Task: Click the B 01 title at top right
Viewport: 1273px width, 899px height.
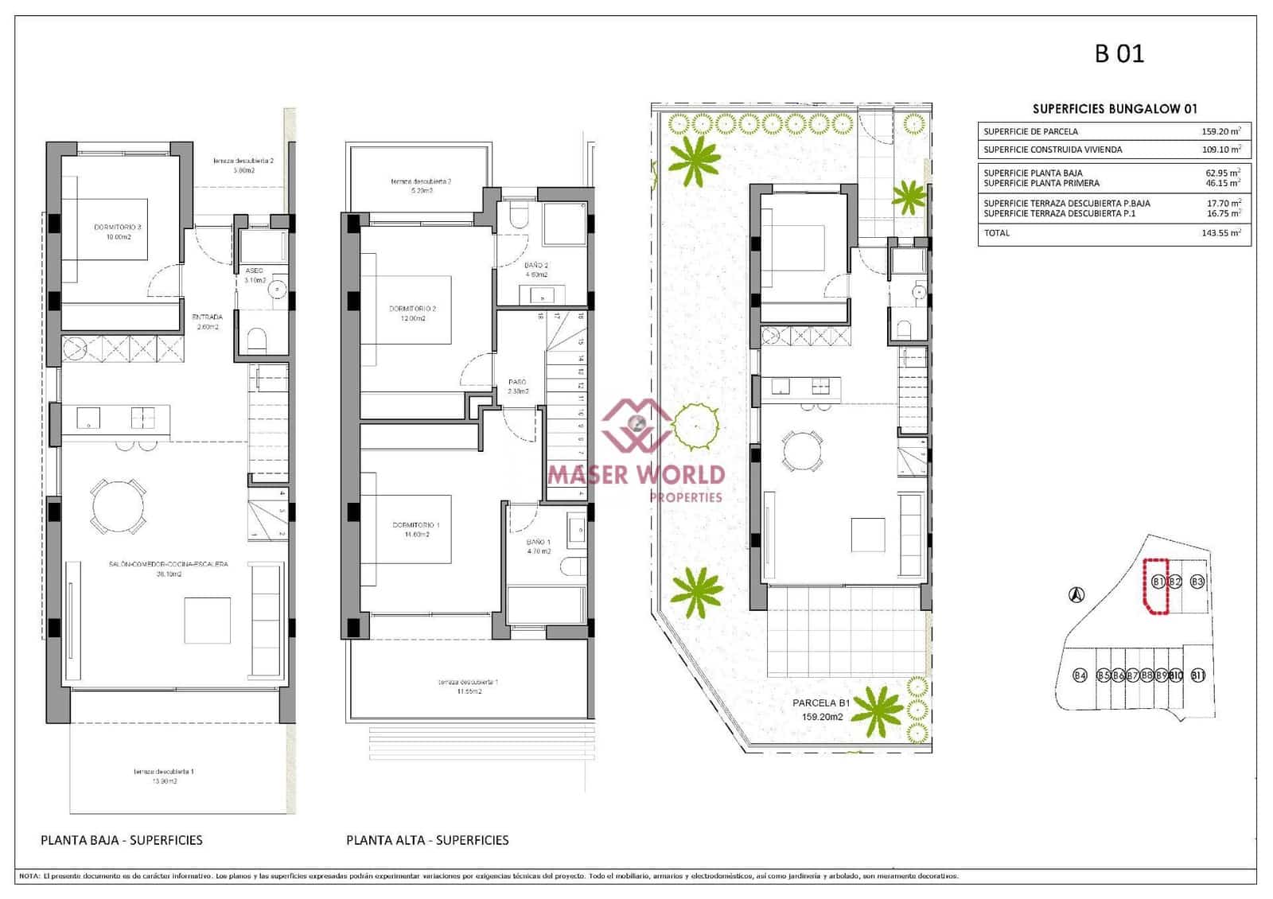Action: click(1119, 53)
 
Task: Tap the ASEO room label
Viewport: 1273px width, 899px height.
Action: click(254, 270)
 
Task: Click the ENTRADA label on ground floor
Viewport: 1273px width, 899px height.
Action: click(207, 317)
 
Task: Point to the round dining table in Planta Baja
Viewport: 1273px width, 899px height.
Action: click(119, 505)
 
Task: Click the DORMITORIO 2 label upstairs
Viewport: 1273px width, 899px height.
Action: click(412, 309)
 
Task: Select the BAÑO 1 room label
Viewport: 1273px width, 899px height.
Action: click(538, 542)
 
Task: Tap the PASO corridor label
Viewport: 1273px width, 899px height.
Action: click(517, 382)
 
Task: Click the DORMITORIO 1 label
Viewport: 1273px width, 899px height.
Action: click(415, 525)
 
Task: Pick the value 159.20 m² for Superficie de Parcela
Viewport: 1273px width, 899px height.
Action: click(1220, 131)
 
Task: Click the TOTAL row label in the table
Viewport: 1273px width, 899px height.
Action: click(996, 233)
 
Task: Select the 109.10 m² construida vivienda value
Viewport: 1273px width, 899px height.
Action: click(1220, 149)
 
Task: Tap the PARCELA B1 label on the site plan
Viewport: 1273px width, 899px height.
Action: click(821, 703)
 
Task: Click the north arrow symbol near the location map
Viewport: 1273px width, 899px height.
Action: click(1076, 594)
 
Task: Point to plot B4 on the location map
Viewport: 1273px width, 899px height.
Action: click(1079, 675)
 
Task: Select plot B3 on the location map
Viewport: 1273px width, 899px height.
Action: click(1197, 582)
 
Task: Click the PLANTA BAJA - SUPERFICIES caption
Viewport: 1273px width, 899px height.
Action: click(122, 840)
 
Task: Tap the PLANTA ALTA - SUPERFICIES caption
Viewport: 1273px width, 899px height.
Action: click(427, 840)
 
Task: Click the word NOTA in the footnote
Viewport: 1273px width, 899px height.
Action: click(29, 876)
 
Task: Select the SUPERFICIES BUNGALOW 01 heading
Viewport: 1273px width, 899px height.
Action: click(1114, 109)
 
